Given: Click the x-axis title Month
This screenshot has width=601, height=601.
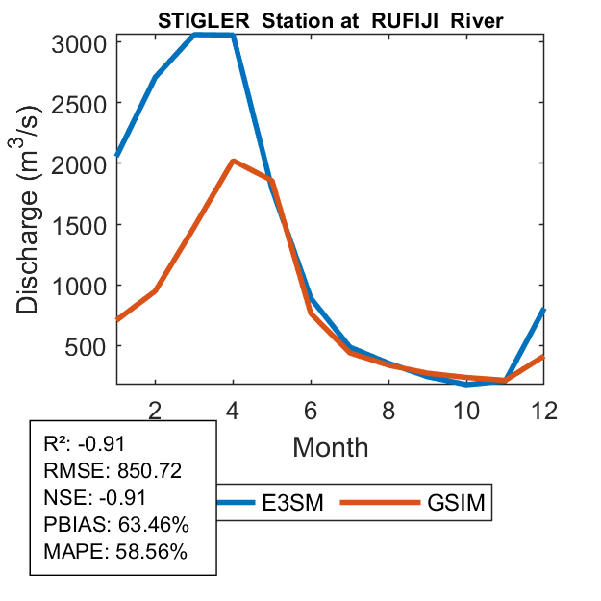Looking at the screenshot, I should coord(330,446).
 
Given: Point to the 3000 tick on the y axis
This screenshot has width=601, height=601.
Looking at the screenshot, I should coord(74,42).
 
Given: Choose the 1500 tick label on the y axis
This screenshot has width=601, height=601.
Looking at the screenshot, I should coord(74,224).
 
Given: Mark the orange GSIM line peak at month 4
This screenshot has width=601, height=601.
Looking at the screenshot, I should coord(233,162).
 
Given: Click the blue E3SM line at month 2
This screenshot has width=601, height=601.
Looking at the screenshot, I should coord(155,77).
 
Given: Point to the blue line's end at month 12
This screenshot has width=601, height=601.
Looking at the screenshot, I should coord(543,309).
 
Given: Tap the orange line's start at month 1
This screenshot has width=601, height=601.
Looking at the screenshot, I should coord(117,319).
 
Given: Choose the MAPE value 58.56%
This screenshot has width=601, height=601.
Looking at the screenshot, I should coord(149,553).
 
